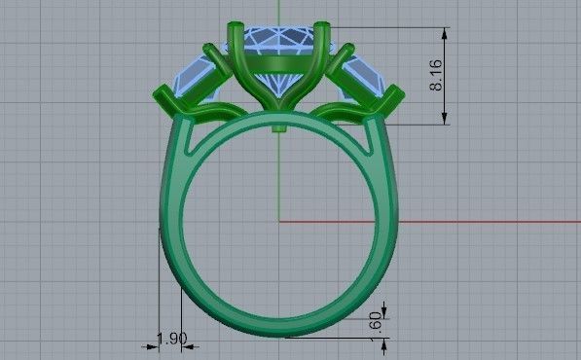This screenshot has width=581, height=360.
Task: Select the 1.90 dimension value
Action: pos(171,339)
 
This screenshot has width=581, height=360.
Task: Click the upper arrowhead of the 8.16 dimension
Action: pos(446,33)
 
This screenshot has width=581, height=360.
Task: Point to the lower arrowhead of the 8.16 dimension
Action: pos(446,118)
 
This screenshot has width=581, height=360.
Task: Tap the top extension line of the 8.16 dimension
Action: pos(389,27)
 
